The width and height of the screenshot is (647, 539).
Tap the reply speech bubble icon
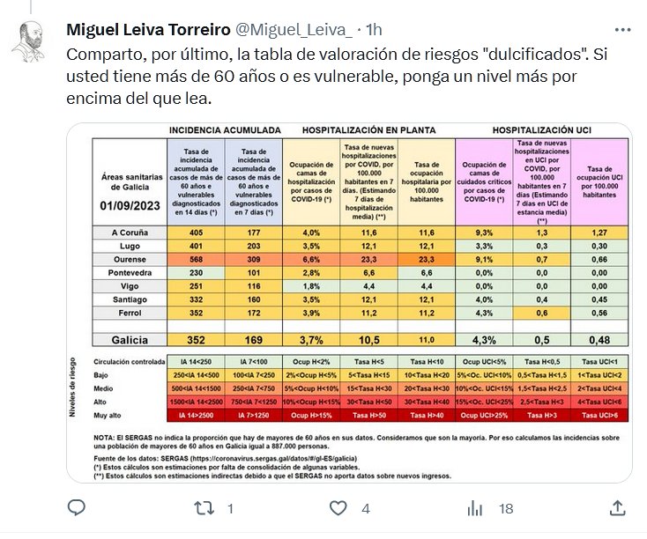(77, 508)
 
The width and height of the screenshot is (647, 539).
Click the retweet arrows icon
(204, 508)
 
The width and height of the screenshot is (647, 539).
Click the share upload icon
(619, 508)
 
